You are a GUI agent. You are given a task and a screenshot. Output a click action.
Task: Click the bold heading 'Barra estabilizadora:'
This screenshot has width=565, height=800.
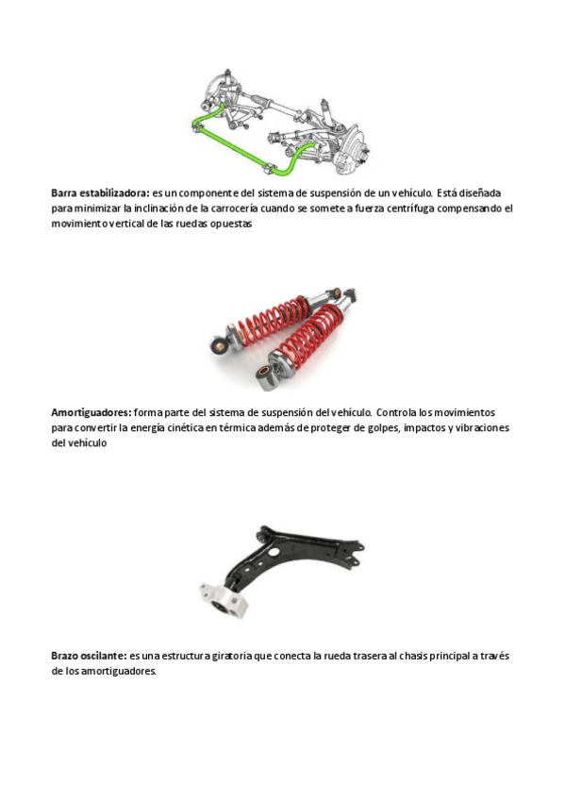coord(101,192)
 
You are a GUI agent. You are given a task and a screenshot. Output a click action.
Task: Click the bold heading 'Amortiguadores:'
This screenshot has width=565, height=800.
coord(91,412)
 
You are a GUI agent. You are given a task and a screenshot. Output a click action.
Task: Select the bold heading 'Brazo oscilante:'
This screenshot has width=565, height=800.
coord(89,656)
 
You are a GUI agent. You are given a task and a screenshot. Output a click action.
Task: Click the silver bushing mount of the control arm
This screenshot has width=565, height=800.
coord(224,599)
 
